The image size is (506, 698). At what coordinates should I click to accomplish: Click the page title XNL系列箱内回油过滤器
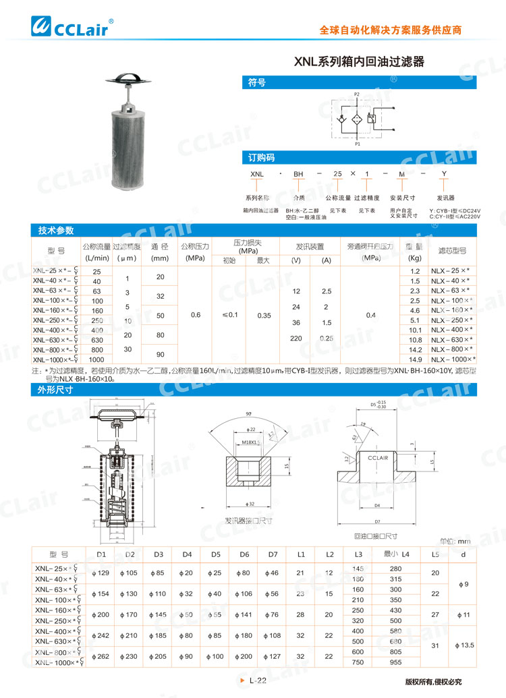click(x=359, y=61)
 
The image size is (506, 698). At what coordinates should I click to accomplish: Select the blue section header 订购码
click(x=260, y=158)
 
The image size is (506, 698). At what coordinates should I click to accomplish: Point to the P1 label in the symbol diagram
click(x=357, y=144)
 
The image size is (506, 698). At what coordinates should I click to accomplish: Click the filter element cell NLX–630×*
click(x=451, y=340)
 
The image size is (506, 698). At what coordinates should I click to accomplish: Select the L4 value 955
click(x=396, y=662)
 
